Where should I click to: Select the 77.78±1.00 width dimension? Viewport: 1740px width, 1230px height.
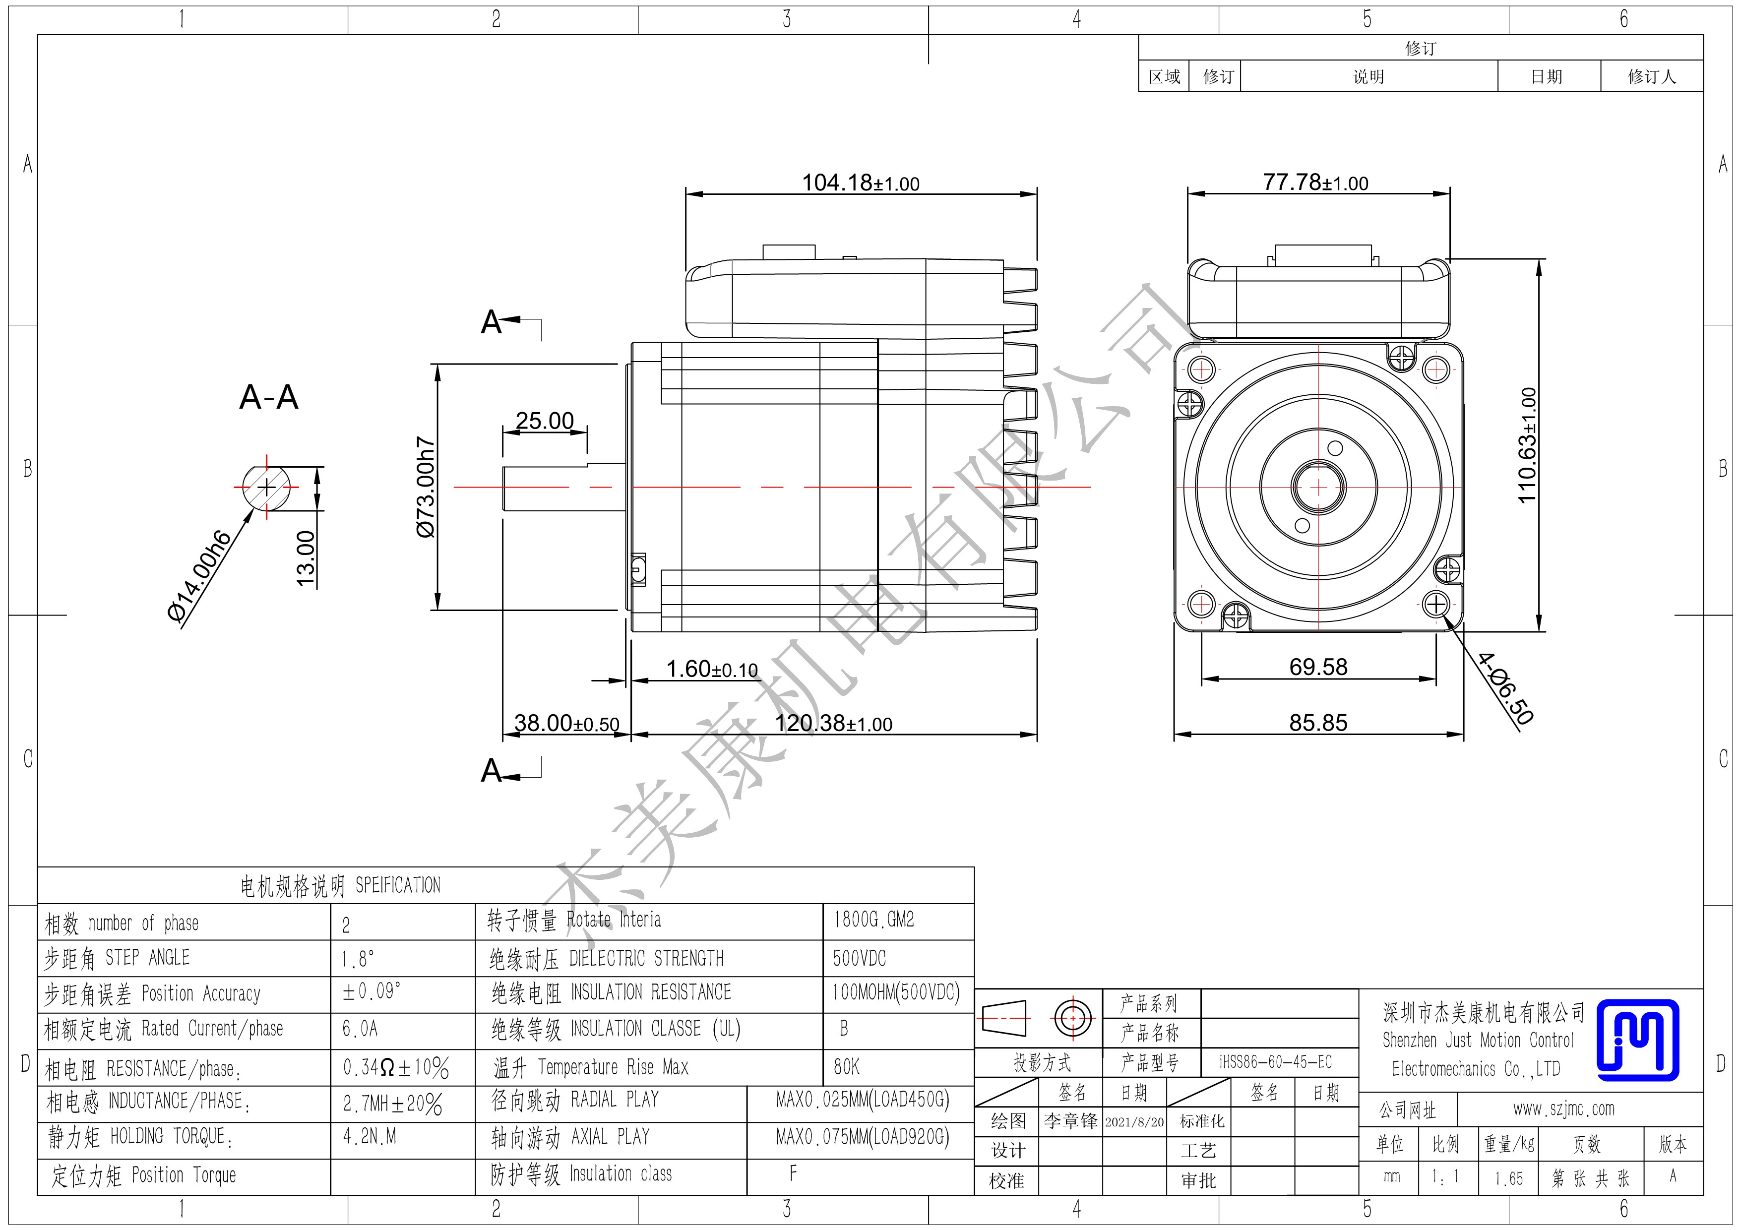(x=1315, y=183)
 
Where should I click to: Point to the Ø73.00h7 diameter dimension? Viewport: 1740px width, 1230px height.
(x=427, y=488)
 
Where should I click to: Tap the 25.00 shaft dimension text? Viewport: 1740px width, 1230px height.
(x=545, y=421)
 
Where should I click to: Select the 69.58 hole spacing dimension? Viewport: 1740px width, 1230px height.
(x=1319, y=667)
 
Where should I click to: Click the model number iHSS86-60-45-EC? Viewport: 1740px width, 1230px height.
(x=1275, y=1062)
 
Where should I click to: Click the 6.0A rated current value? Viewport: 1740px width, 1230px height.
(x=360, y=1029)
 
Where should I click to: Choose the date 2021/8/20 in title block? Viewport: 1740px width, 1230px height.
(x=1134, y=1121)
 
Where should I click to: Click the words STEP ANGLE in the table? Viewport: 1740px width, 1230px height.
(x=148, y=958)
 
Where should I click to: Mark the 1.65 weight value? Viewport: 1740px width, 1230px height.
(x=1509, y=1178)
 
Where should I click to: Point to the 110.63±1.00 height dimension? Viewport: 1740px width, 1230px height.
(x=1528, y=445)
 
